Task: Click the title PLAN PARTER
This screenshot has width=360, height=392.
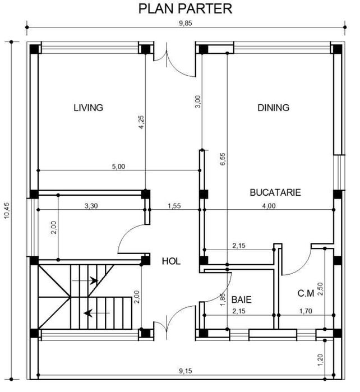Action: [x=185, y=9]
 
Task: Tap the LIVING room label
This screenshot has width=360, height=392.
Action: [x=89, y=108]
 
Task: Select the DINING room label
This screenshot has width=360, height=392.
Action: [x=273, y=108]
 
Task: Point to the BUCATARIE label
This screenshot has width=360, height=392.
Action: [x=275, y=192]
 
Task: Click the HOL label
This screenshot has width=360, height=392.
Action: [x=171, y=261]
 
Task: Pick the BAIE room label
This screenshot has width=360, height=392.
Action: [x=242, y=300]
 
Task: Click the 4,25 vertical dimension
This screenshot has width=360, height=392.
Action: [x=141, y=122]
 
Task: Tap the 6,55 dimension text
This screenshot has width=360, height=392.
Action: [x=223, y=160]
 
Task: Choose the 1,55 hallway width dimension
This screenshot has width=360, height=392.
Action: [x=174, y=206]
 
